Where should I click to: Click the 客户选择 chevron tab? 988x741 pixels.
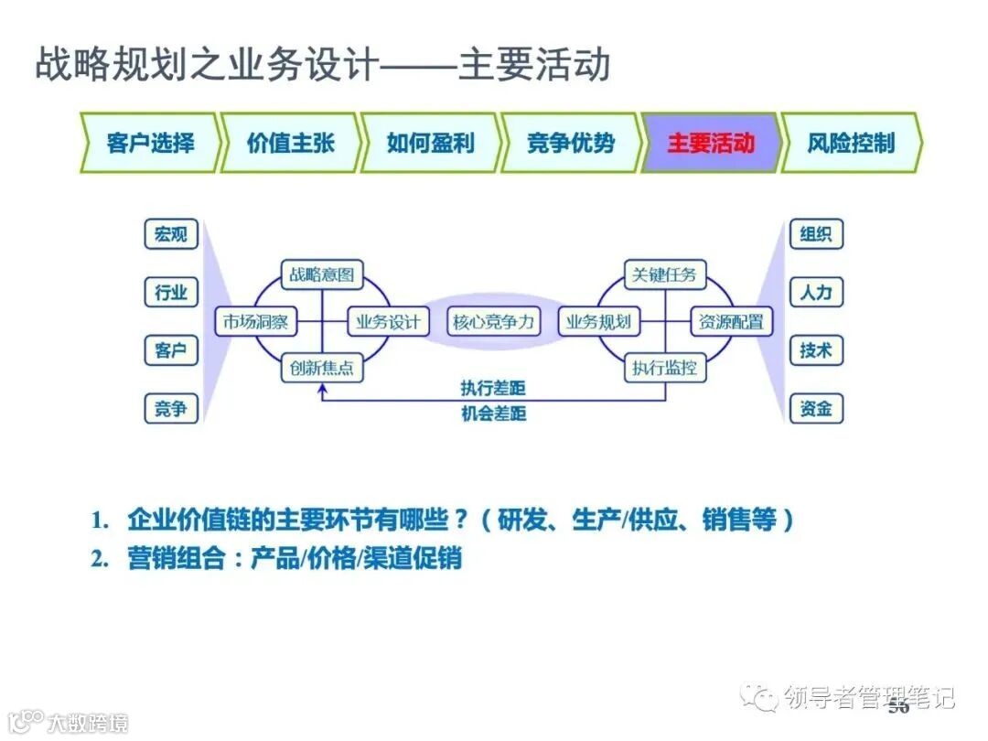tap(150, 144)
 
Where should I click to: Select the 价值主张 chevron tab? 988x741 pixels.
tap(290, 144)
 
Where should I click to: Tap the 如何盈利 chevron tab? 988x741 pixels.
tap(430, 144)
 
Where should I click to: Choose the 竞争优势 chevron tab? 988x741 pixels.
tap(570, 144)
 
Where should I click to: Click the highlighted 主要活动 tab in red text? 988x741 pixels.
tap(710, 144)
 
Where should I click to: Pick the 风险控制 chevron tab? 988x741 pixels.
tap(851, 144)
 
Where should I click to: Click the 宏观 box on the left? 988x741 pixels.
tap(171, 234)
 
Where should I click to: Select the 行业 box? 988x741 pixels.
tap(171, 293)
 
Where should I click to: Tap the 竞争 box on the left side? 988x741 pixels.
tap(171, 409)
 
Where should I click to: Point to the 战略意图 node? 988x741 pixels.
tap(321, 274)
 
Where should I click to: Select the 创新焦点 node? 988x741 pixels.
tap(321, 369)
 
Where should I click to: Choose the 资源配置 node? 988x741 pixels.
tap(731, 322)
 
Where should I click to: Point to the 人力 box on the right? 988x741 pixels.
tap(815, 293)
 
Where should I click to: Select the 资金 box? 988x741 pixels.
tap(815, 409)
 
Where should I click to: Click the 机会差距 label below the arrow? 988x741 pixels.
tap(493, 413)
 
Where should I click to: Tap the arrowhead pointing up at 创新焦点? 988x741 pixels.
tap(321, 389)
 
